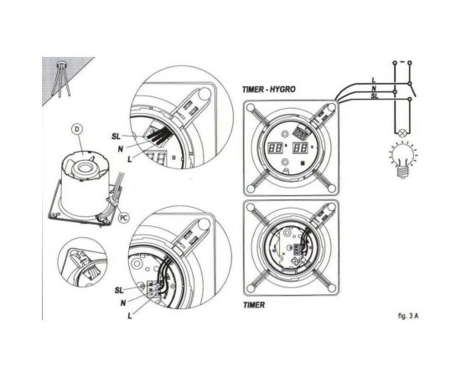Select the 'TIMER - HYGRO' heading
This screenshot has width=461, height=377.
tap(269, 89)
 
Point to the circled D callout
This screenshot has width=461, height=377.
tap(76, 129)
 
